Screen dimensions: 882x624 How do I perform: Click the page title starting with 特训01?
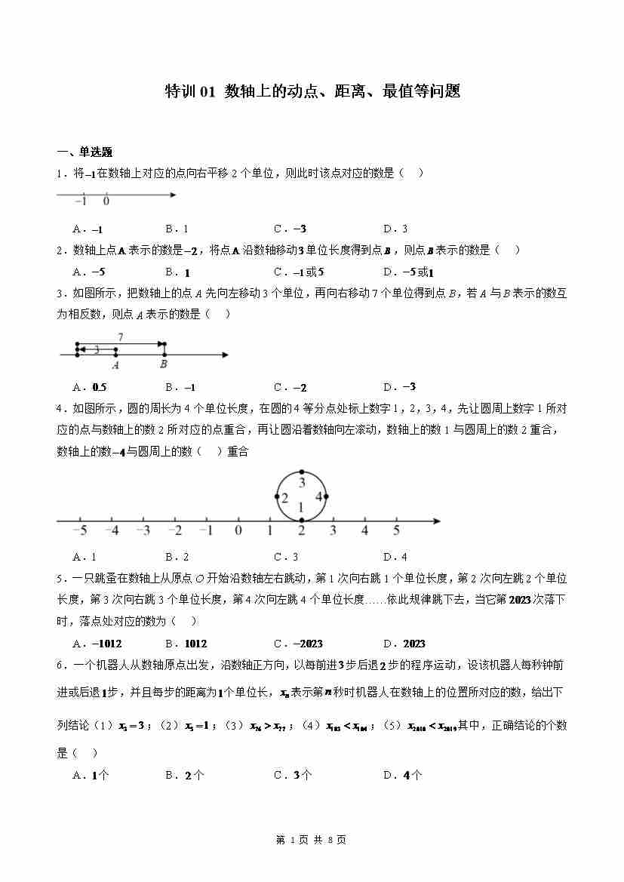pyautogui.click(x=312, y=92)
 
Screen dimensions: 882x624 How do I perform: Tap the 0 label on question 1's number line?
pyautogui.click(x=106, y=201)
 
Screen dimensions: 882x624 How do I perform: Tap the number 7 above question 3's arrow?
pyautogui.click(x=120, y=337)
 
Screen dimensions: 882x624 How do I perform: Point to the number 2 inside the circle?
pyautogui.click(x=284, y=497)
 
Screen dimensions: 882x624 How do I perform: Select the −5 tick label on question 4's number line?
pyautogui.click(x=79, y=530)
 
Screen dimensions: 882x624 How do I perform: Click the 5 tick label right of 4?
pyautogui.click(x=396, y=530)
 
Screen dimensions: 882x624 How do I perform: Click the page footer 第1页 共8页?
pyautogui.click(x=312, y=839)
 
